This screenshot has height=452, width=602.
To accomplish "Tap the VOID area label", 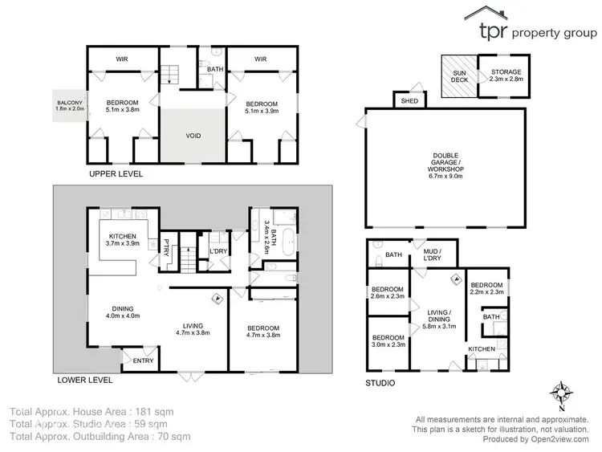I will pos(193,136).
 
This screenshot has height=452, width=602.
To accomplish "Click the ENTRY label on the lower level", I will pos(143,360).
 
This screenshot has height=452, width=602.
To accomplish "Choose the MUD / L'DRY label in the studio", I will pos(434,256).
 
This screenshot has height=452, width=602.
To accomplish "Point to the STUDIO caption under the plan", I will pos(380,383).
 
